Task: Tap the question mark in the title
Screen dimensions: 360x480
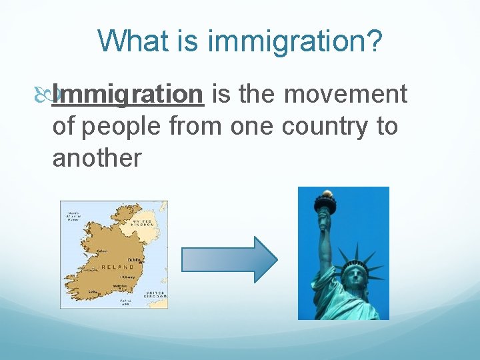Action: (375, 41)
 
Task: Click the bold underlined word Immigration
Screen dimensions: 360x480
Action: (127, 95)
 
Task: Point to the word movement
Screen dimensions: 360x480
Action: (346, 95)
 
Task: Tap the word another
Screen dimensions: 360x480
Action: (97, 157)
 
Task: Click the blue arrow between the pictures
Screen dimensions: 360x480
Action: (229, 259)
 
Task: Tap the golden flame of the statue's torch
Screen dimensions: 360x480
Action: (327, 195)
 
